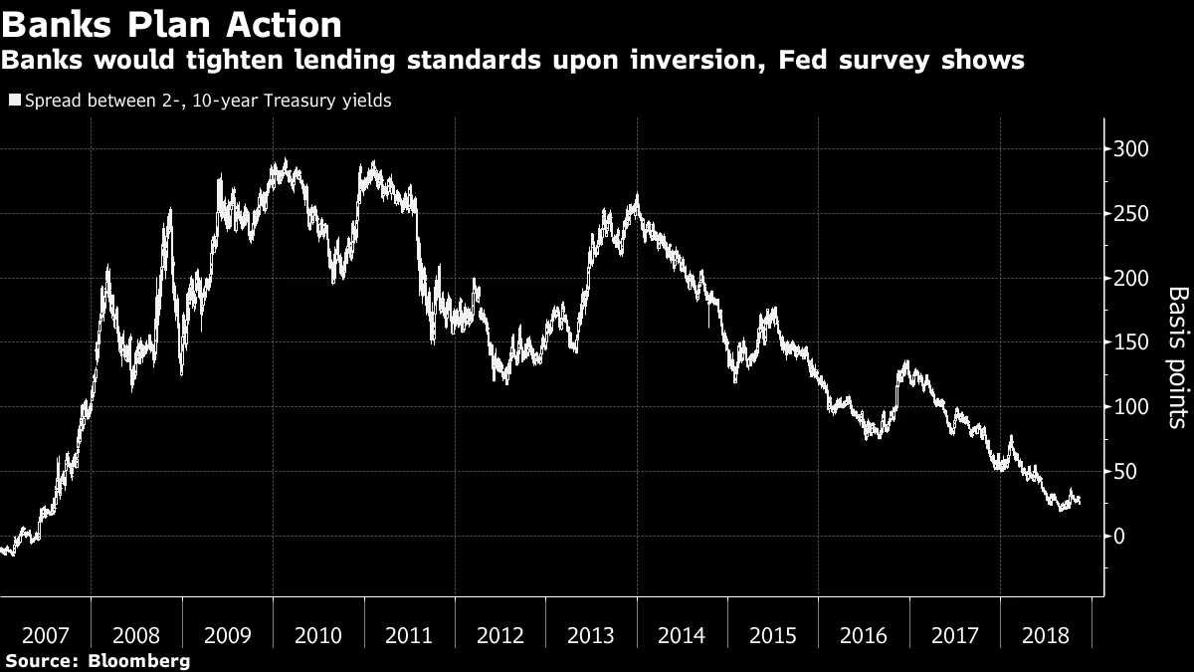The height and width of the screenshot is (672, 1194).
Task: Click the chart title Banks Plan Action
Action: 171,24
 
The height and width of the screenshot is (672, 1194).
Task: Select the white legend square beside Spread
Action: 14,102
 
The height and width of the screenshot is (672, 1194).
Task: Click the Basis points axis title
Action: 1176,356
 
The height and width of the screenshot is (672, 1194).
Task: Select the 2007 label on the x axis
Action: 46,635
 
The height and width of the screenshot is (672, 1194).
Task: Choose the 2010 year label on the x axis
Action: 318,635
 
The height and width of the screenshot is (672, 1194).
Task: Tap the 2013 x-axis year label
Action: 591,635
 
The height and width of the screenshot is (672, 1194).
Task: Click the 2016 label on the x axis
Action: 864,635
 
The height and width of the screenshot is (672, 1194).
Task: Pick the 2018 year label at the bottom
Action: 1046,635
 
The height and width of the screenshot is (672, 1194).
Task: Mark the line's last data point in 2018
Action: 1080,501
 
